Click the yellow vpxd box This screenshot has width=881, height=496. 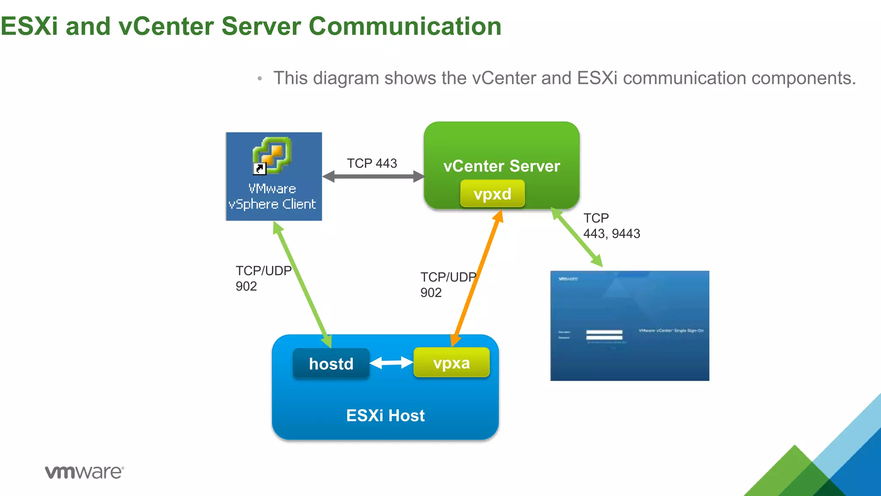click(492, 194)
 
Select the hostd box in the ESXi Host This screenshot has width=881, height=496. click(331, 364)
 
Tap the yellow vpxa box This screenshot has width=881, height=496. click(451, 363)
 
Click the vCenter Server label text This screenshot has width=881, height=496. click(502, 166)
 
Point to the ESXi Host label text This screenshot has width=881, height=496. click(385, 415)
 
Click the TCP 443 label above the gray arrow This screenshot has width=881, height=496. click(372, 164)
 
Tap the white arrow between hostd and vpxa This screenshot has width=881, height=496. click(391, 363)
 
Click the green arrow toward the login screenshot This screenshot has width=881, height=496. click(576, 237)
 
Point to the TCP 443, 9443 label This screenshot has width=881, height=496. click(611, 226)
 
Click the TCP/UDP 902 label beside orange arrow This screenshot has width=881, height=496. click(447, 285)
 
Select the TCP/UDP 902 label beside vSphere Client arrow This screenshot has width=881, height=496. click(263, 278)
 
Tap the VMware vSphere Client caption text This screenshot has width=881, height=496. click(272, 196)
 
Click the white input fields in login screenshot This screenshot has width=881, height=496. click(604, 335)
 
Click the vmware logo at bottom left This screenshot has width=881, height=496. click(84, 472)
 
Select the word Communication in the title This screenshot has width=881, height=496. click(405, 26)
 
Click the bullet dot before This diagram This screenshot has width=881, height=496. click(259, 79)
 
